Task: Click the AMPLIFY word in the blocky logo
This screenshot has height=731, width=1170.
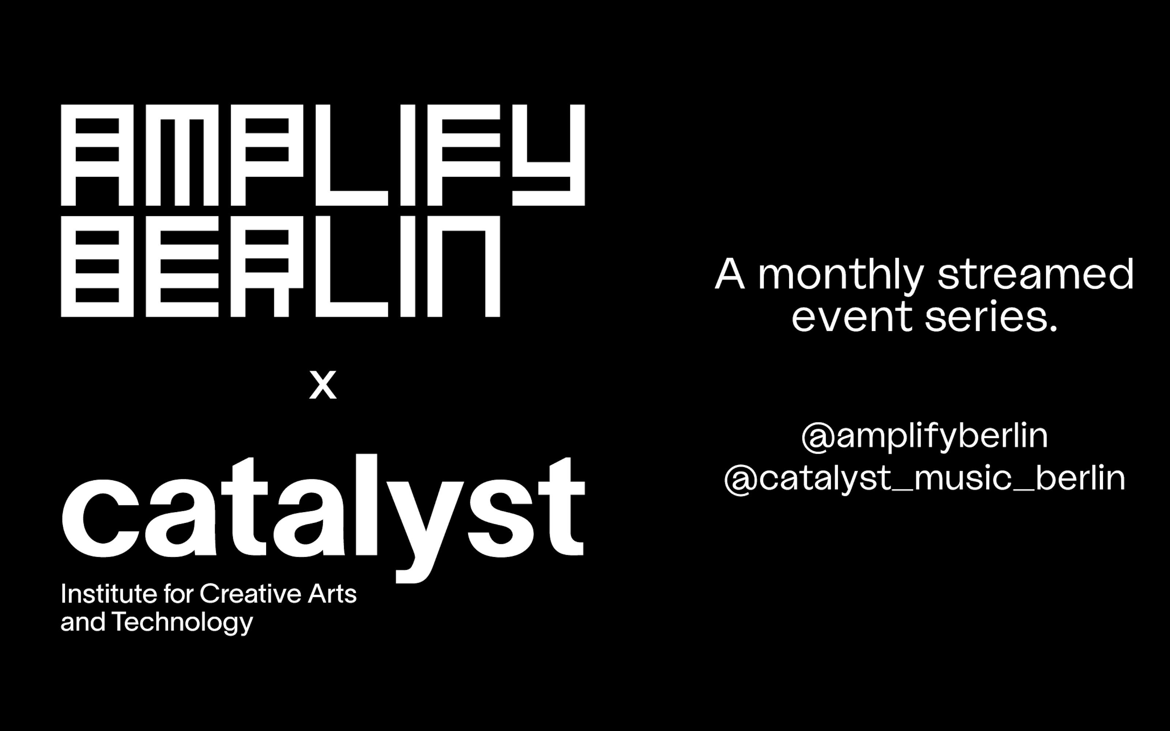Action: tap(322, 155)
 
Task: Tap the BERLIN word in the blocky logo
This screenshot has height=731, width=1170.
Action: tap(280, 266)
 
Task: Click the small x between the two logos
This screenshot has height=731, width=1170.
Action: tap(322, 385)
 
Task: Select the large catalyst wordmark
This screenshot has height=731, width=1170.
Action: tap(323, 518)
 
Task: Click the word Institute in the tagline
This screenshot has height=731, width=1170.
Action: tap(109, 594)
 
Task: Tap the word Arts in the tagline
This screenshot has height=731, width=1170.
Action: tap(332, 594)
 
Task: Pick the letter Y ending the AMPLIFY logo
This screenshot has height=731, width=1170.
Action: tap(548, 155)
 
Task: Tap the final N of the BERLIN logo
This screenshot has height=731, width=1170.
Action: tap(464, 266)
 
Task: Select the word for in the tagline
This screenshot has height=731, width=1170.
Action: tap(179, 594)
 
